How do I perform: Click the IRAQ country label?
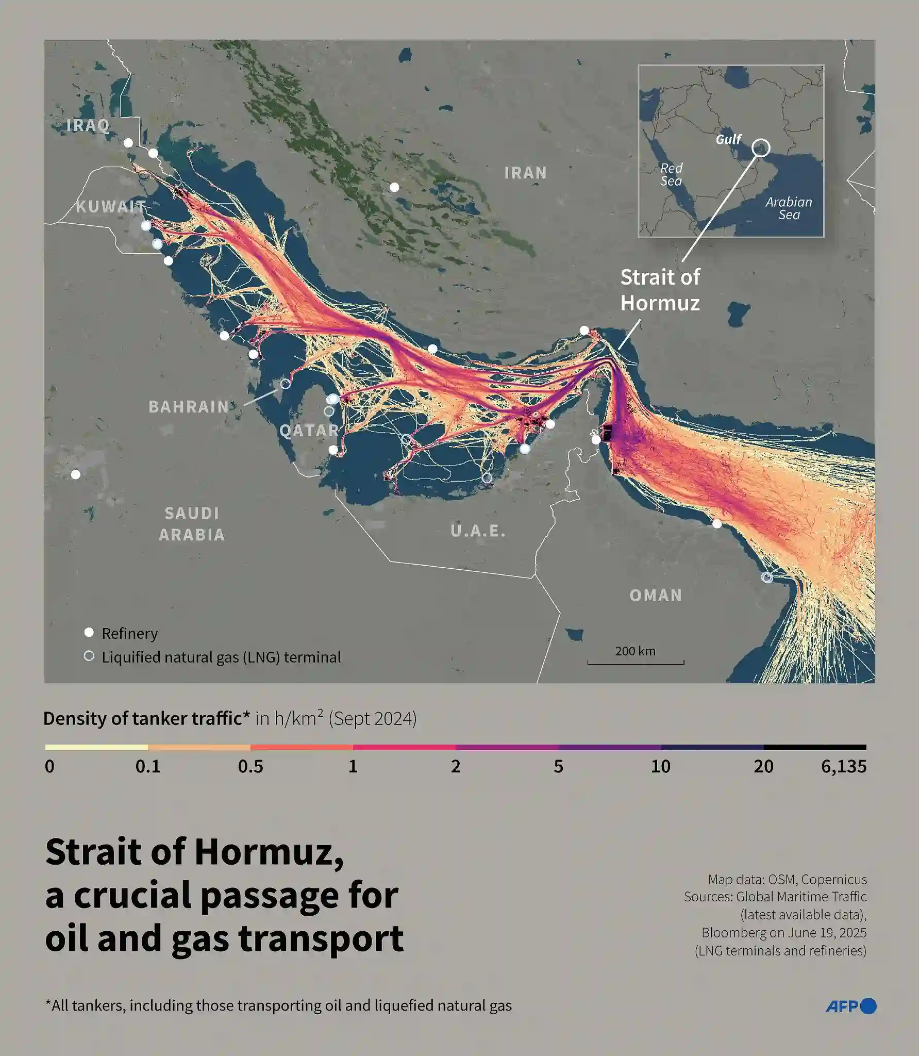88,125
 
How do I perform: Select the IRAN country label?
525,173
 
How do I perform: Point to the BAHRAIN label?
189,407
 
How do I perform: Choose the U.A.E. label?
478,531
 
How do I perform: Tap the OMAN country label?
656,596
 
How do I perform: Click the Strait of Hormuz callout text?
660,290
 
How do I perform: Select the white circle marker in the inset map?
761,148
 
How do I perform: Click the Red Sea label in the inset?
671,174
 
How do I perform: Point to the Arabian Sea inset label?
789,208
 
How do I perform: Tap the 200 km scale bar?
636,662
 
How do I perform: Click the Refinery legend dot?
89,632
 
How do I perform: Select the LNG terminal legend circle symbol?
89,656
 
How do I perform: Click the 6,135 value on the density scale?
843,766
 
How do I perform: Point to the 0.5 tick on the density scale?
250,766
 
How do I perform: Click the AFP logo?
850,1006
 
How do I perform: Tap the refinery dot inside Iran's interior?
394,187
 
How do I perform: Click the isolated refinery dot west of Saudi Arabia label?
76,474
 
